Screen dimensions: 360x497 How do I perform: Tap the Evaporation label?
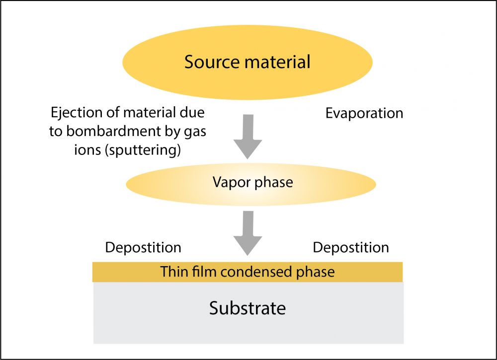click(x=364, y=113)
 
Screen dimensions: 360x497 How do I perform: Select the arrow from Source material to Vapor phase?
click(x=248, y=135)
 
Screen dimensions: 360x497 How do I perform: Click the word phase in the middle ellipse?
click(x=274, y=183)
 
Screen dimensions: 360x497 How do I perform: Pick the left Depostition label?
click(x=143, y=247)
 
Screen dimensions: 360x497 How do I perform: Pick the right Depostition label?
click(x=351, y=247)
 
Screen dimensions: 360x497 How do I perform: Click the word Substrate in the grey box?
click(x=248, y=308)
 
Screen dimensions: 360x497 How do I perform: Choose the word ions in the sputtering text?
click(x=85, y=150)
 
